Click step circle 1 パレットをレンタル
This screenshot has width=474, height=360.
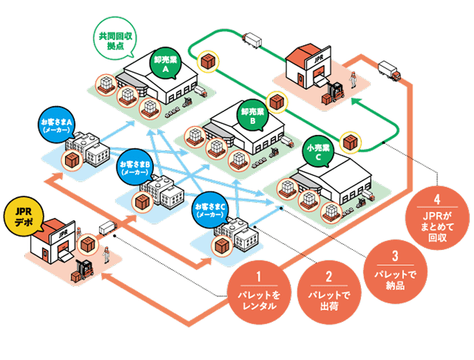258,291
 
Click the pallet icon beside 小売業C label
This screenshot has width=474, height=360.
353,143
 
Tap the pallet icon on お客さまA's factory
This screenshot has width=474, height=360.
71,161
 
